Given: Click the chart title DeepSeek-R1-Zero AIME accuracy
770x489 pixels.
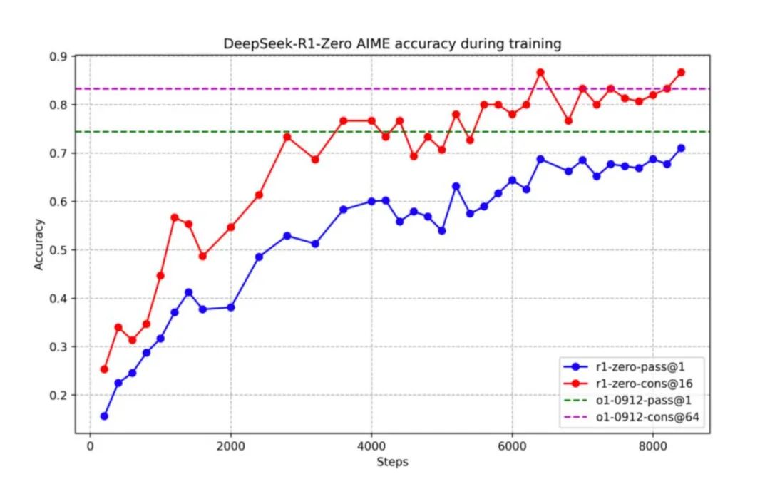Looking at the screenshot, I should pos(393,44).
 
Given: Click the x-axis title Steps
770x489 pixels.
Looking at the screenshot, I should pos(392,462).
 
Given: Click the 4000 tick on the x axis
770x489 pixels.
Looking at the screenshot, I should pos(371,446).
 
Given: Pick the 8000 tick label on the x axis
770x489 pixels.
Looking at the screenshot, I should pos(652,446).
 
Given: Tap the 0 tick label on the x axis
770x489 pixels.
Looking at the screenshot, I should pos(90,446).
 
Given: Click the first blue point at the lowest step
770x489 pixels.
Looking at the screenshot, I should pos(104,416).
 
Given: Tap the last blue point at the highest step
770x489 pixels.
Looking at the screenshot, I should pos(681,148).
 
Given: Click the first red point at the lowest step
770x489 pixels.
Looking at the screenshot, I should pos(104,369).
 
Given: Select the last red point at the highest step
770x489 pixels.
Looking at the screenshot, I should pos(681,72).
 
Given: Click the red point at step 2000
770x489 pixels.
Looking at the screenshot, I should pos(230,227).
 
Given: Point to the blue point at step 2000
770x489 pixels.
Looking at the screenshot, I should pos(230,307).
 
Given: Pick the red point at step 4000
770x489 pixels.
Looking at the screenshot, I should pos(371,120).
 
